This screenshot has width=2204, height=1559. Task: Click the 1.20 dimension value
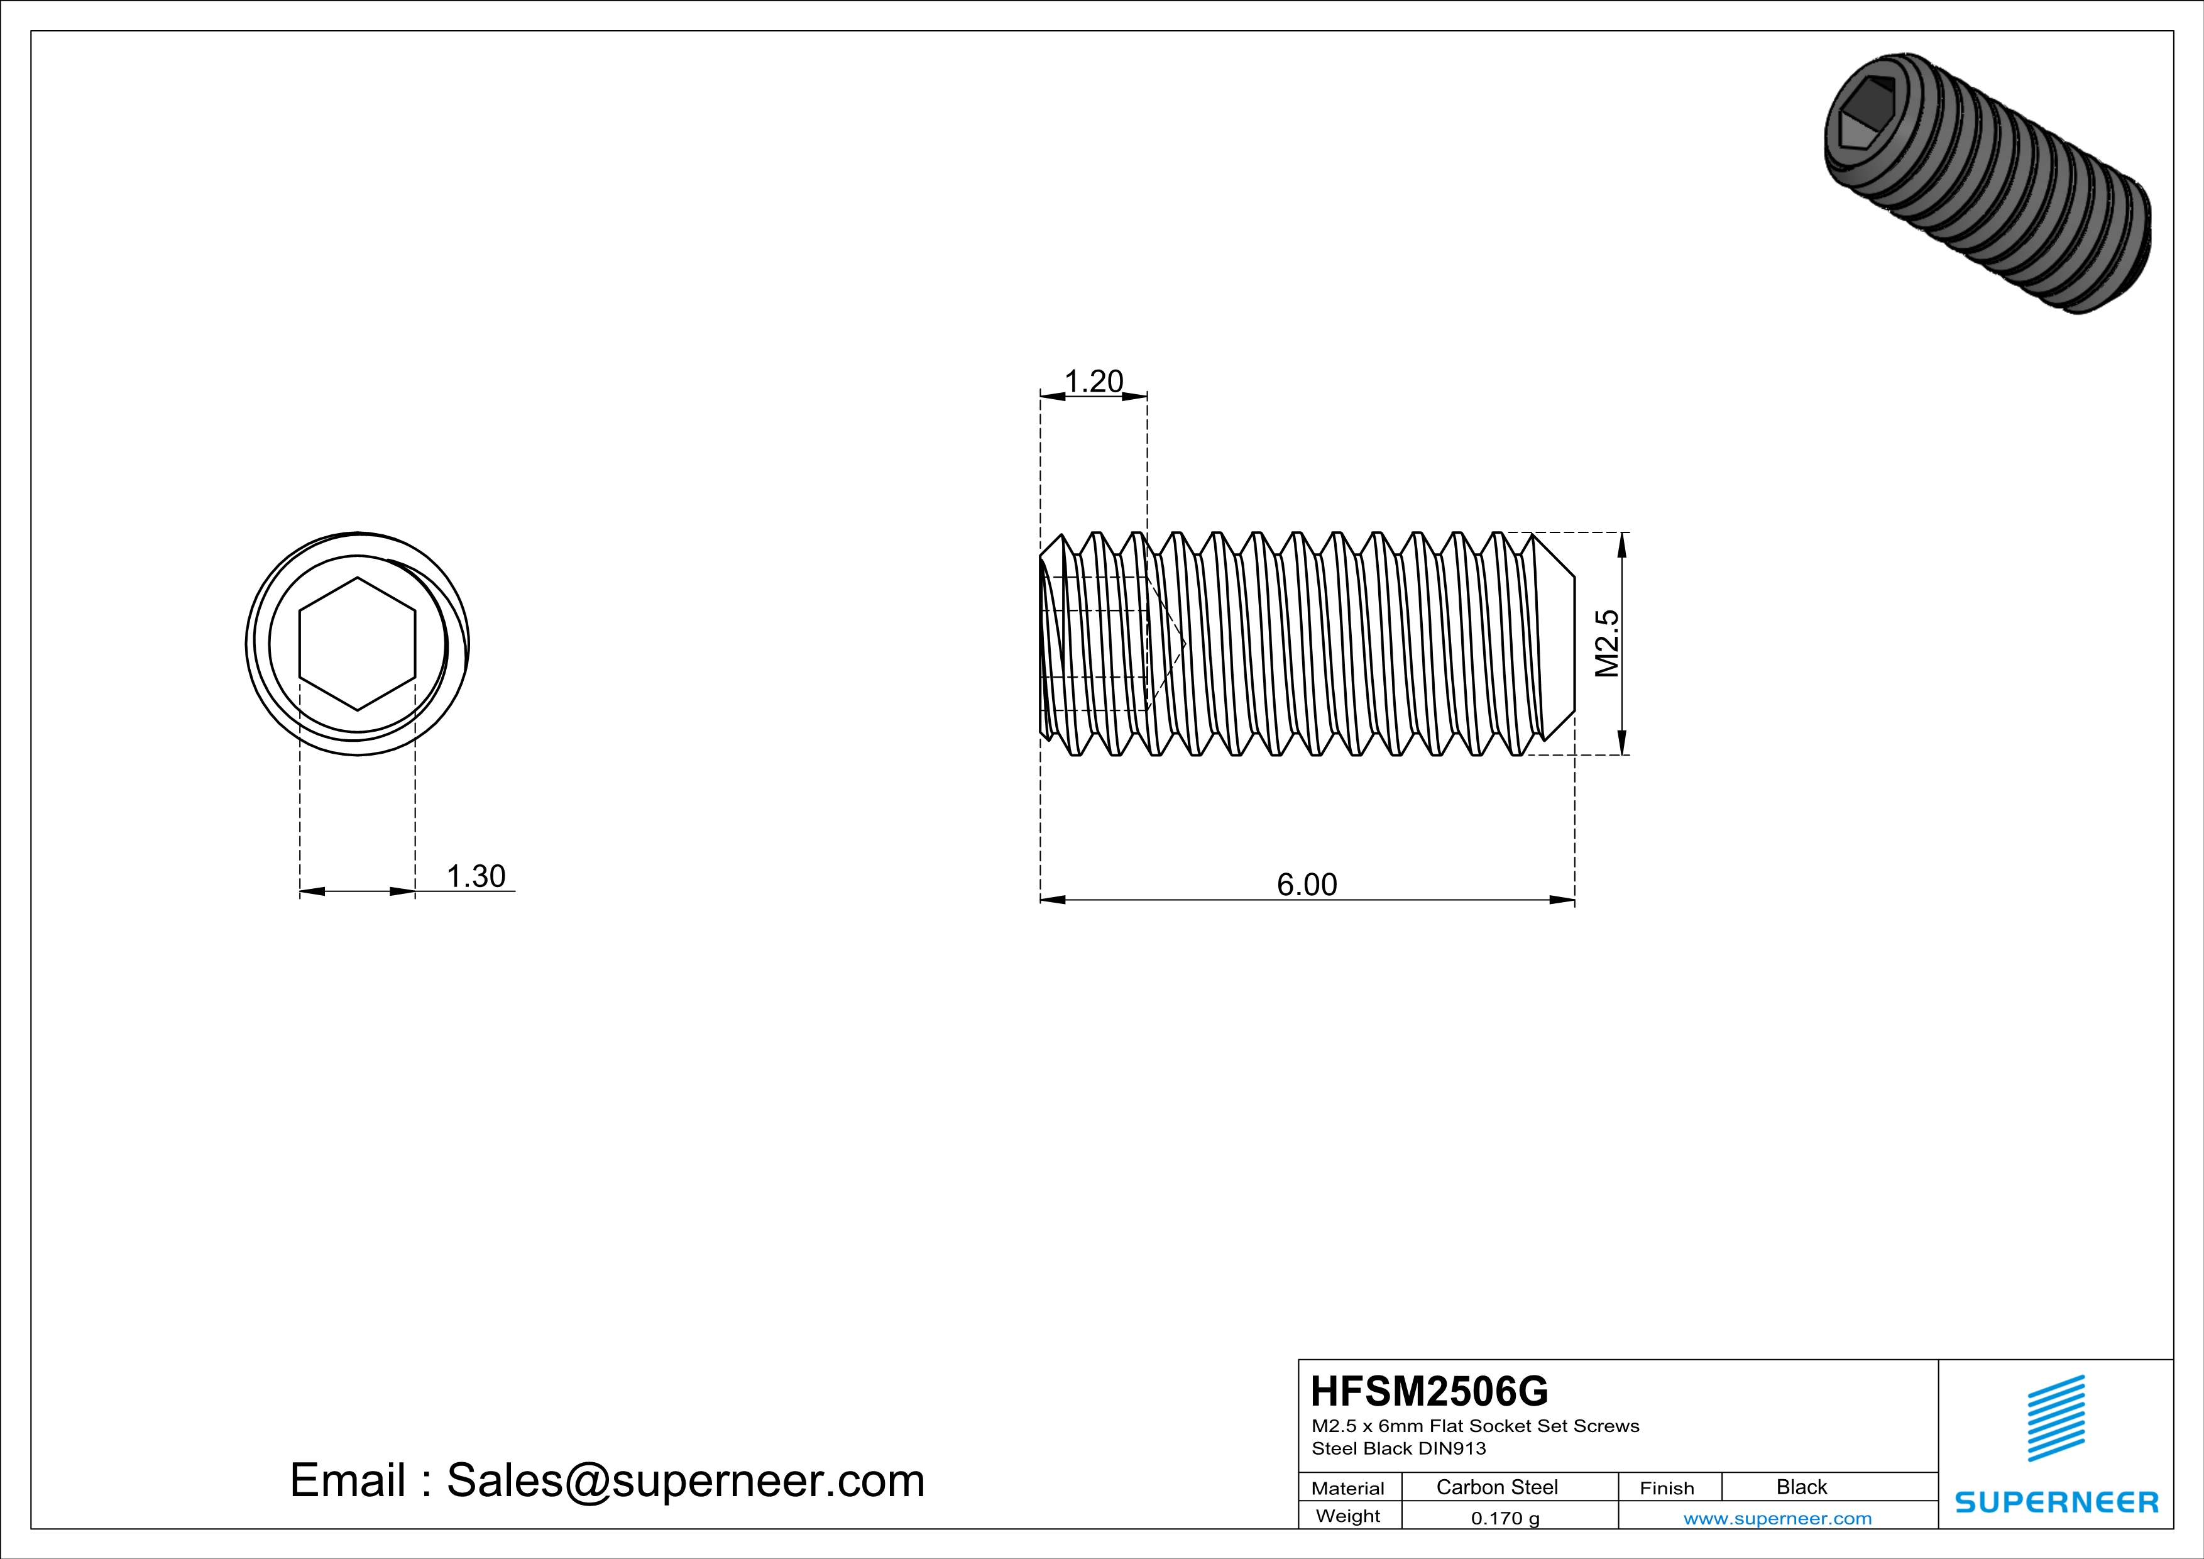1094,382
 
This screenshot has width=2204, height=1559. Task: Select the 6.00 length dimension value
1307,884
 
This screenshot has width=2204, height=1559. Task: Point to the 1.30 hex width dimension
476,876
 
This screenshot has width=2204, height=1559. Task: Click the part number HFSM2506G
1429,1391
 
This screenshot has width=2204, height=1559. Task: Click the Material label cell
1348,1488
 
